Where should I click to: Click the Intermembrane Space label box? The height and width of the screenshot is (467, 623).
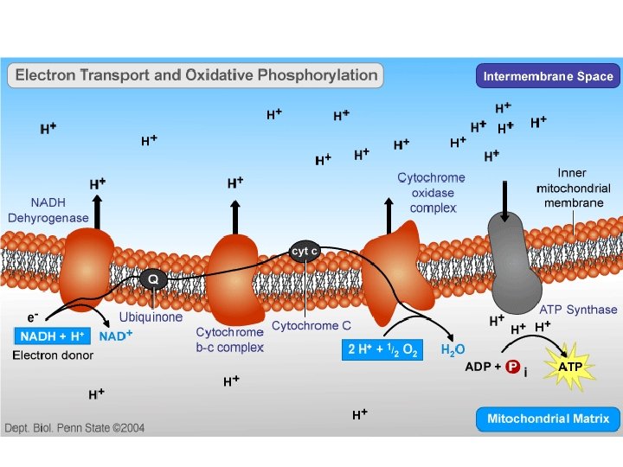(548, 76)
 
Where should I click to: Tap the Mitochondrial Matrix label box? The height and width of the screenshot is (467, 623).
(548, 419)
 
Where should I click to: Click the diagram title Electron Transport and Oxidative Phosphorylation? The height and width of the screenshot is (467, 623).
(196, 75)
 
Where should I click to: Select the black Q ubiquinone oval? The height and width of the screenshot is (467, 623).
(153, 279)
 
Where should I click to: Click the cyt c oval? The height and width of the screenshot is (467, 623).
(305, 252)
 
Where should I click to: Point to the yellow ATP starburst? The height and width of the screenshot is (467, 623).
(570, 367)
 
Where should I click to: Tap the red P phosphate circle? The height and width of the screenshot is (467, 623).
(512, 367)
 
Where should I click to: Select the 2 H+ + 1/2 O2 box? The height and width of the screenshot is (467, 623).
(382, 349)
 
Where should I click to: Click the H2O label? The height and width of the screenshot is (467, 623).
(453, 350)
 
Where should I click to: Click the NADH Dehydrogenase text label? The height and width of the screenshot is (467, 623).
(48, 210)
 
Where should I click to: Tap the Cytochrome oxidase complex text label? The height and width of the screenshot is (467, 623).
(431, 193)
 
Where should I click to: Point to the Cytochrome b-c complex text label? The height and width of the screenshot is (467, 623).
(229, 339)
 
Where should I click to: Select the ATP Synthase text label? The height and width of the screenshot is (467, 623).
(578, 310)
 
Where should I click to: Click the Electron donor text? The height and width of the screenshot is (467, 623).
(53, 355)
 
